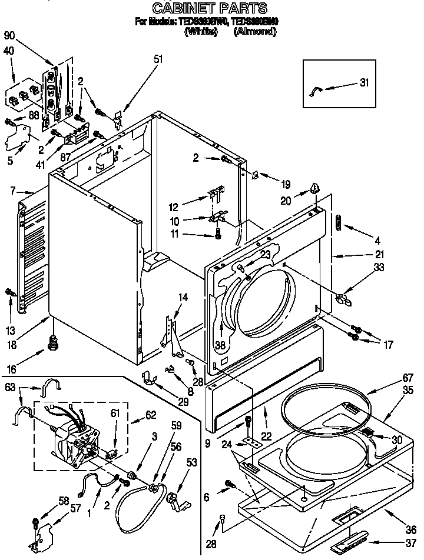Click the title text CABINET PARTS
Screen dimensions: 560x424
click(210, 8)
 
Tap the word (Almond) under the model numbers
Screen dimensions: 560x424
click(254, 32)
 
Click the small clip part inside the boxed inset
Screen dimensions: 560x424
click(316, 90)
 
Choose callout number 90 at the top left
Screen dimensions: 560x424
click(9, 35)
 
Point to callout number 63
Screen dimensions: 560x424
click(9, 388)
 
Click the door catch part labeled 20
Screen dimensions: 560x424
click(316, 189)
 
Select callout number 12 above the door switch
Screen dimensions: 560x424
click(174, 207)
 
